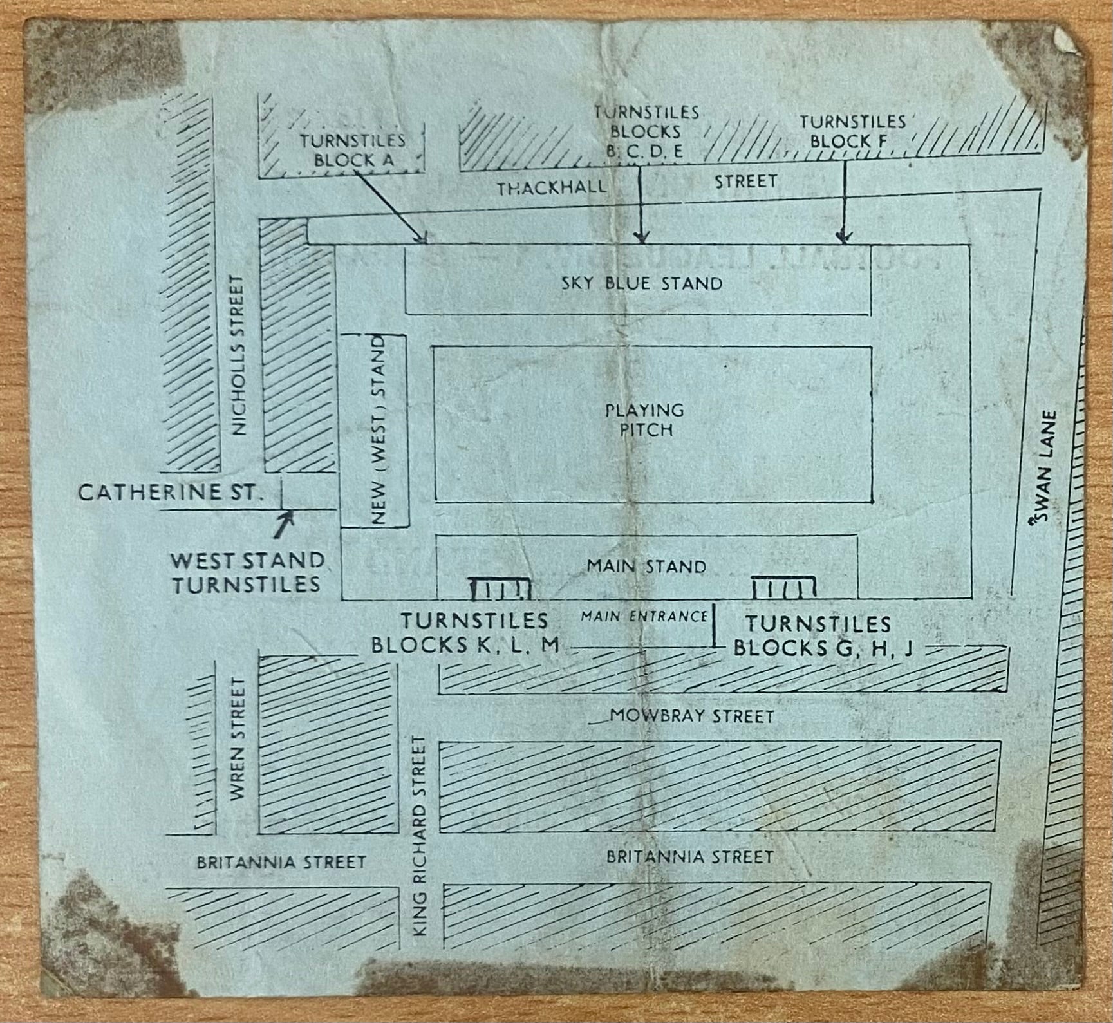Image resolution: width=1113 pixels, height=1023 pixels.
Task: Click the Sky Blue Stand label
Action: click(641, 283)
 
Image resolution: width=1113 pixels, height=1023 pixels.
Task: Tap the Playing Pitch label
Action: click(646, 420)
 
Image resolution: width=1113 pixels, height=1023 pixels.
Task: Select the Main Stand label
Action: click(646, 567)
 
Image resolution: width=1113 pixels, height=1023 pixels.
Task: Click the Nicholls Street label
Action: click(239, 355)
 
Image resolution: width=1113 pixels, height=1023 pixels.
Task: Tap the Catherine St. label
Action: click(171, 494)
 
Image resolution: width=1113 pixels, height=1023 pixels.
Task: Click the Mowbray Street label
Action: click(691, 716)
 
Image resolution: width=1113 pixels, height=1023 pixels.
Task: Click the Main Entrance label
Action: click(644, 616)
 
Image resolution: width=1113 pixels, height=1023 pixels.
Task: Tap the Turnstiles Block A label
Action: click(352, 150)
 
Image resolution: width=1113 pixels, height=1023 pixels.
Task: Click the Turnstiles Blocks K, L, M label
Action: click(465, 633)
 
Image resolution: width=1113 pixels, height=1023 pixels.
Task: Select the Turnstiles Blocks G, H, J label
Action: click(822, 635)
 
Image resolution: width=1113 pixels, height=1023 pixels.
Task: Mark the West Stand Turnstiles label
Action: click(246, 572)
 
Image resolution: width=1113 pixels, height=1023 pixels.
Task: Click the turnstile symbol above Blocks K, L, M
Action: click(501, 588)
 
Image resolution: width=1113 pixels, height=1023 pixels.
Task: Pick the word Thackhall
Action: click(551, 187)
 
